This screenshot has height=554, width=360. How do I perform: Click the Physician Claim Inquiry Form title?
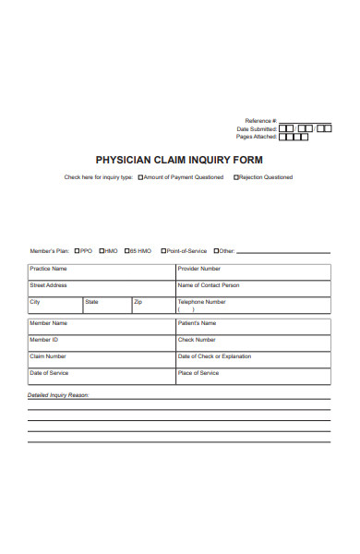pyautogui.click(x=179, y=159)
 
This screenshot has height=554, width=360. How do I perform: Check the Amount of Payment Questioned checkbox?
pyautogui.click(x=140, y=177)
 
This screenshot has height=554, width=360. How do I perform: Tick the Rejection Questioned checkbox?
pyautogui.click(x=236, y=177)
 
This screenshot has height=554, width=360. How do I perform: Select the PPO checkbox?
pyautogui.click(x=78, y=250)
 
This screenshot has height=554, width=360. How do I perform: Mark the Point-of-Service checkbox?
pyautogui.click(x=163, y=250)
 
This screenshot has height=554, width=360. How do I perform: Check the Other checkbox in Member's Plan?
pyautogui.click(x=216, y=250)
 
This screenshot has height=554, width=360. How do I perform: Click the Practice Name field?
pyautogui.click(x=101, y=272)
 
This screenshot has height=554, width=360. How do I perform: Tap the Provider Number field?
pyautogui.click(x=252, y=272)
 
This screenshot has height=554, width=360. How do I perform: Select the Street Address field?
pyautogui.click(x=101, y=289)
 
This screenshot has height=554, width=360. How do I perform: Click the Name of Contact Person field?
pyautogui.click(x=252, y=289)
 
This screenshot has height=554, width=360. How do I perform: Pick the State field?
pyautogui.click(x=106, y=307)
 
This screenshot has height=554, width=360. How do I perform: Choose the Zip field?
pyautogui.click(x=152, y=307)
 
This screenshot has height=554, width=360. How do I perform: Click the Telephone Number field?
pyautogui.click(x=252, y=307)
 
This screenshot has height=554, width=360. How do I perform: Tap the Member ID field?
pyautogui.click(x=101, y=343)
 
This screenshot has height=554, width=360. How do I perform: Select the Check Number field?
pyautogui.click(x=252, y=343)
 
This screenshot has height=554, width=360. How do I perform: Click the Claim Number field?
pyautogui.click(x=101, y=360)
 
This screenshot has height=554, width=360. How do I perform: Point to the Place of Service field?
pyautogui.click(x=252, y=377)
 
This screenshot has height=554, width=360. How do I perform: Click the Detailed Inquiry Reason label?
pyautogui.click(x=58, y=394)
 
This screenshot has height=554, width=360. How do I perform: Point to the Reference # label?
pyautogui.click(x=259, y=121)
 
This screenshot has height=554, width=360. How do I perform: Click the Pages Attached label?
pyautogui.click(x=257, y=136)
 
